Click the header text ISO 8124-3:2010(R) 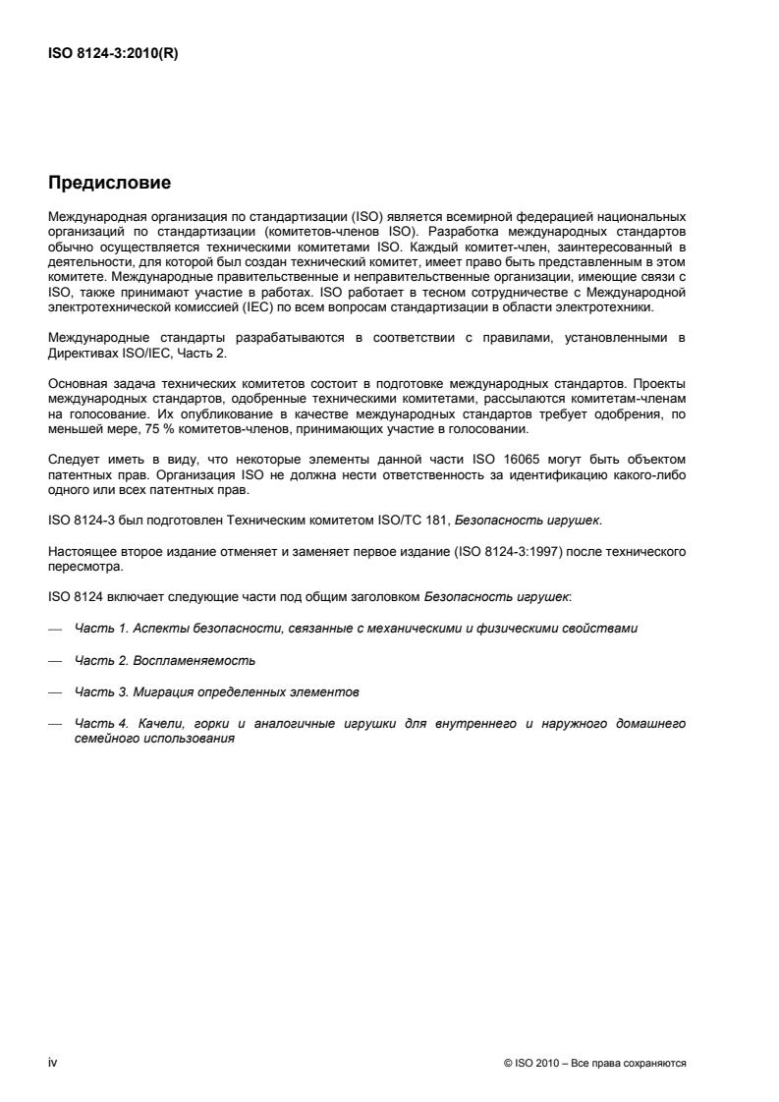[x=114, y=55]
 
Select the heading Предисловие [x=110, y=183]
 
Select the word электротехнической [x=102, y=308]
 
